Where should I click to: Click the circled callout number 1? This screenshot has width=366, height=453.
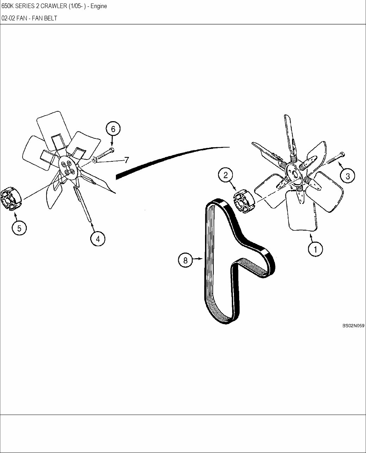pyautogui.click(x=316, y=249)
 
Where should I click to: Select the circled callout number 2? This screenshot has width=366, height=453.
pyautogui.click(x=225, y=175)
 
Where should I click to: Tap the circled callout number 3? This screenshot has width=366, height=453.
pyautogui.click(x=347, y=176)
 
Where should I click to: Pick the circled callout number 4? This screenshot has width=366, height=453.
pyautogui.click(x=98, y=239)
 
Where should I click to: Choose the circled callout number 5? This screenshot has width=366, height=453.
pyautogui.click(x=19, y=228)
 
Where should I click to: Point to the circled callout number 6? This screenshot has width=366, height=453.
pyautogui.click(x=113, y=129)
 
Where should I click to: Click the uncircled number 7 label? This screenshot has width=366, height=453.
pyautogui.click(x=126, y=160)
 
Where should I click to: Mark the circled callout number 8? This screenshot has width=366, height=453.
pyautogui.click(x=185, y=260)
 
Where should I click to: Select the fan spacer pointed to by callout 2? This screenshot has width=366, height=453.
pyautogui.click(x=244, y=202)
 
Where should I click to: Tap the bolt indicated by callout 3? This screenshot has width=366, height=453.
pyautogui.click(x=336, y=158)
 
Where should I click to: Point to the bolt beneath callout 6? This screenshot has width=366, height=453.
pyautogui.click(x=105, y=154)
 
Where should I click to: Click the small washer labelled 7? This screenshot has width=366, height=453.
pyautogui.click(x=94, y=160)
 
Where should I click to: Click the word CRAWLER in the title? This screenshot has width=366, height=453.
pyautogui.click(x=54, y=6)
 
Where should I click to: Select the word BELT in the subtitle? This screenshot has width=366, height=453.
pyautogui.click(x=50, y=18)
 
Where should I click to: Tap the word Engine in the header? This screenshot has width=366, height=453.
pyautogui.click(x=99, y=6)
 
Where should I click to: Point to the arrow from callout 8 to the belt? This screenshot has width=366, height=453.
pyautogui.click(x=198, y=259)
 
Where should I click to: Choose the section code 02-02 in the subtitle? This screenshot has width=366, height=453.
pyautogui.click(x=8, y=18)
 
